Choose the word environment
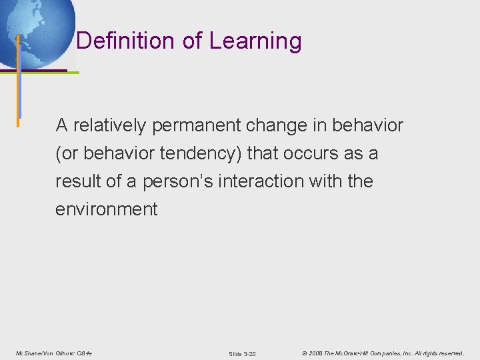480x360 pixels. click(107, 209)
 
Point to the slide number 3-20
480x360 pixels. click(242, 353)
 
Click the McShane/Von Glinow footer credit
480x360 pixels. click(54, 353)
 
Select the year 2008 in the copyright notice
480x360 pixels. click(315, 353)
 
